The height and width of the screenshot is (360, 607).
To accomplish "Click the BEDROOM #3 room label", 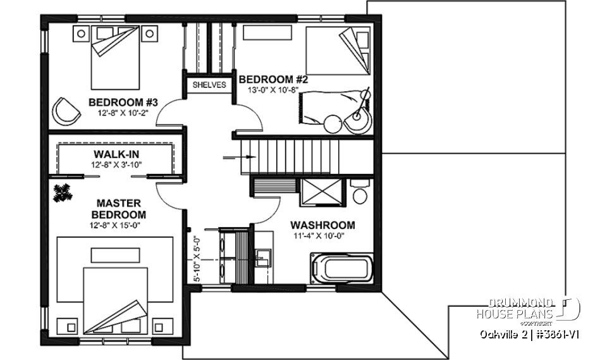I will click(123, 102).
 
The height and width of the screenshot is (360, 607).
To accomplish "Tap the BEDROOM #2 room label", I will click(273, 80).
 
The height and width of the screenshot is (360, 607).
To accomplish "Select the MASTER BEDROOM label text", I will click(121, 209).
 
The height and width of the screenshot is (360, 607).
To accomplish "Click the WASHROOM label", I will click(322, 225).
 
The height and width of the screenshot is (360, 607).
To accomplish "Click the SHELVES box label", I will click(209, 85).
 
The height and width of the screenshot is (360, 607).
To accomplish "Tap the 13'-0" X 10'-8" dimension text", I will click(273, 90).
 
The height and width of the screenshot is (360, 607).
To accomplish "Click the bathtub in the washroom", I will click(341, 269).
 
